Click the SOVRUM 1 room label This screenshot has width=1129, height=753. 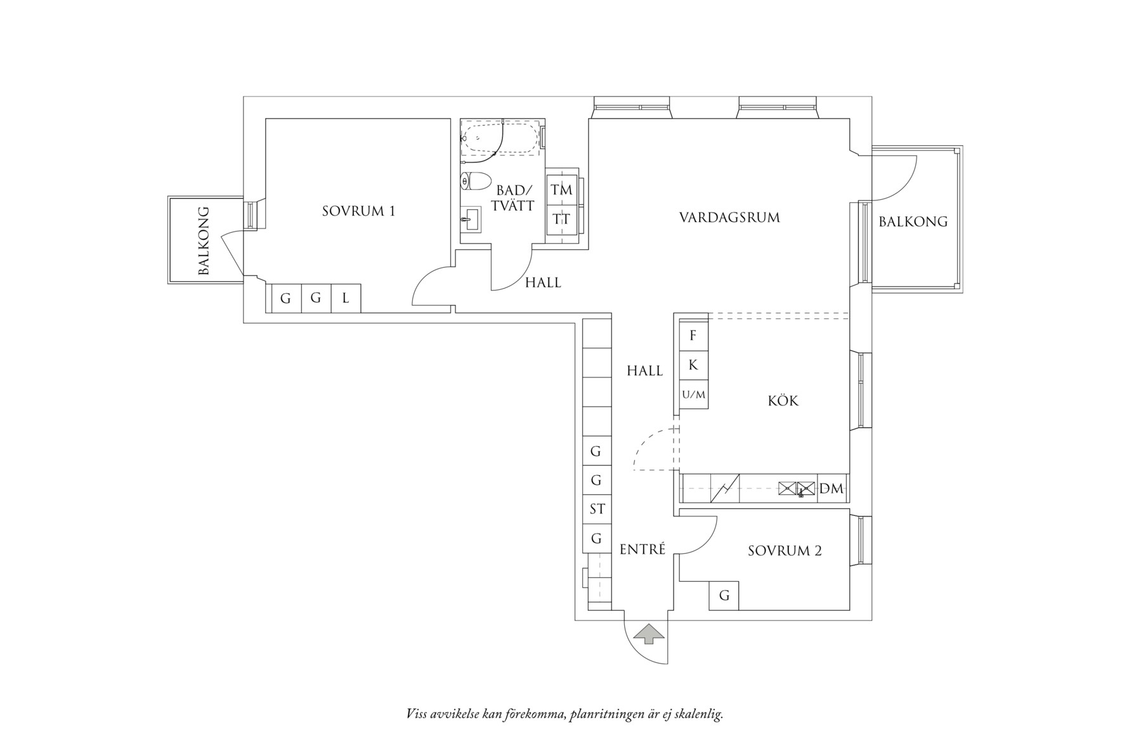pos(358,211)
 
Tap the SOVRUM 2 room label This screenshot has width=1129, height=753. pos(785,551)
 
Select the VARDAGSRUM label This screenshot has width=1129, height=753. pos(729,218)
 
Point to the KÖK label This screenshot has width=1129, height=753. pos(783,401)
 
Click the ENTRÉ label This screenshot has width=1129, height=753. pos(643,549)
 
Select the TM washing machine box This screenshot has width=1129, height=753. pos(561,190)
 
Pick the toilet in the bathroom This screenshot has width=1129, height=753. pos(475,181)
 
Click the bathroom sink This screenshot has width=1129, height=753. pos(470,220)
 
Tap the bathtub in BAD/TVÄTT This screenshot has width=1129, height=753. pos(501,138)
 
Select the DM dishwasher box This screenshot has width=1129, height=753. pos(832,488)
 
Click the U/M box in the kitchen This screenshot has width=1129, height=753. pos(693,395)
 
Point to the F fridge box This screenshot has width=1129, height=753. pos(693,336)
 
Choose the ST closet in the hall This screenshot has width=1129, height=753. pos(597,509)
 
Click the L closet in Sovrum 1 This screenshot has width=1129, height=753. pos(346,298)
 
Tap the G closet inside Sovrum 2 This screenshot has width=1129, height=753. pos(724,596)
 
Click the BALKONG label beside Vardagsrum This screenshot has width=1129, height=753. pos(913,221)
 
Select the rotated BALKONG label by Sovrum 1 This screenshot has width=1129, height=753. pos(204,240)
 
